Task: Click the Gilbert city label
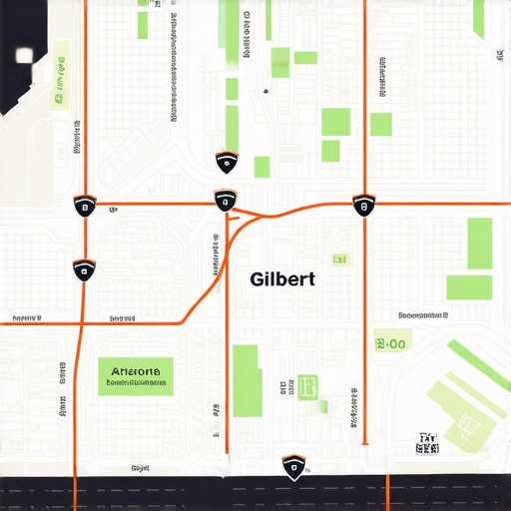tap(282, 279)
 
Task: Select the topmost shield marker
tap(227, 163)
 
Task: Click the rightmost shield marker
tap(363, 206)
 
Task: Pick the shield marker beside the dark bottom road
tap(292, 467)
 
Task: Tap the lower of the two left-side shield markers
tap(84, 269)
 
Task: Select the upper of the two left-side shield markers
tap(85, 207)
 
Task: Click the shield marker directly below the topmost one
tap(225, 202)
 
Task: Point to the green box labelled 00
tap(391, 344)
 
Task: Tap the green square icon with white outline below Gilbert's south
tap(307, 385)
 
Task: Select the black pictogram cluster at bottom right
tap(427, 443)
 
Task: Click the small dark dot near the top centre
tap(265, 91)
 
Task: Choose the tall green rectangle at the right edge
tap(480, 243)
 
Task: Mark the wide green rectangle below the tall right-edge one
tap(469, 287)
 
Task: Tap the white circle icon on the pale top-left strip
tap(59, 98)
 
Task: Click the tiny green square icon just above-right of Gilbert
tap(341, 259)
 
